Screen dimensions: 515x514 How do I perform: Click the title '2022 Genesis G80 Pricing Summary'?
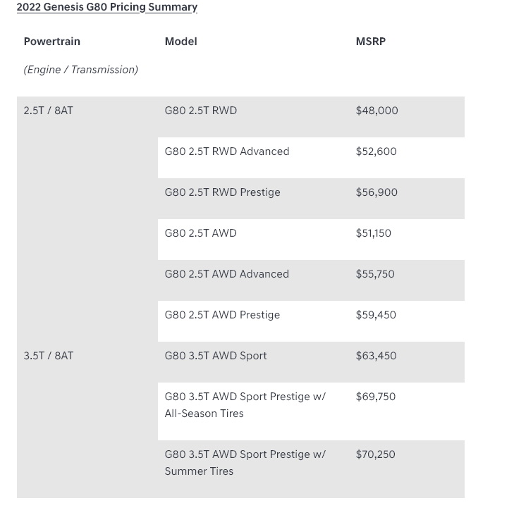coord(107,7)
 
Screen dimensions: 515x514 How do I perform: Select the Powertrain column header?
coord(52,42)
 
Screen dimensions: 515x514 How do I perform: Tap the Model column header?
coord(180,42)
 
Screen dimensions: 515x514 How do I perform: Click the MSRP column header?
coord(370,42)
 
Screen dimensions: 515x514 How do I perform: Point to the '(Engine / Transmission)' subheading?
coord(80,70)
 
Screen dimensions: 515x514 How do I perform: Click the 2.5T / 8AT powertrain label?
coord(48,111)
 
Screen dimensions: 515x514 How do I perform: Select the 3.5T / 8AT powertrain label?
coord(48,356)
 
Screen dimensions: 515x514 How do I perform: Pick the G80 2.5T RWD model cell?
coord(200,111)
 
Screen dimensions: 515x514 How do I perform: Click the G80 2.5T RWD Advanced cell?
coord(226,151)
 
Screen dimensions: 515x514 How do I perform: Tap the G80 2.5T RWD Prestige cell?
coord(222,192)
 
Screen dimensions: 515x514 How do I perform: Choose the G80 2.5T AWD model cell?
coord(200,233)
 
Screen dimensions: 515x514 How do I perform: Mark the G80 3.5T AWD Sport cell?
coord(216,356)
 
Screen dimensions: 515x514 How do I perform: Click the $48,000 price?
coord(377,111)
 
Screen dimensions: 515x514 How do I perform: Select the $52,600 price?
coord(376,151)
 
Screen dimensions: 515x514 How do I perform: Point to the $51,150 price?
coord(373,233)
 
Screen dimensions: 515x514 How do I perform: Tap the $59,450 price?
coord(376,315)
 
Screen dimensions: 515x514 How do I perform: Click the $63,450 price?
coord(376,356)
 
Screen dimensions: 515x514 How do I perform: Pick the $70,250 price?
coord(375,454)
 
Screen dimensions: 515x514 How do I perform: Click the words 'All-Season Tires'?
coord(204,414)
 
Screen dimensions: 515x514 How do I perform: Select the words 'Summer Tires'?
coord(199,471)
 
